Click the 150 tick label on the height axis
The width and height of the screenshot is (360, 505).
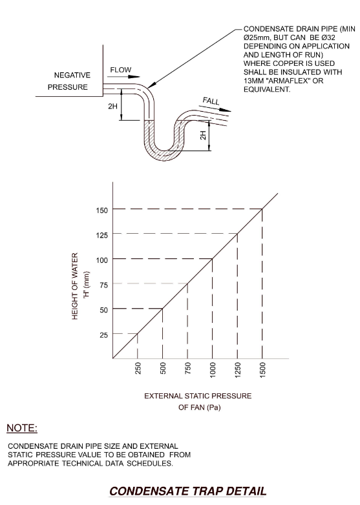[102, 211]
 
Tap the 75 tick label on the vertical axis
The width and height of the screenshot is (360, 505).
[104, 285]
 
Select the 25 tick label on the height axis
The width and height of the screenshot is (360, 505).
[104, 335]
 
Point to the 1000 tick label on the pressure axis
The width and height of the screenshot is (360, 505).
[213, 369]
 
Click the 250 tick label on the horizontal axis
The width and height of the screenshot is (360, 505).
[138, 368]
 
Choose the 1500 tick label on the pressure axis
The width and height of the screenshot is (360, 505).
[262, 369]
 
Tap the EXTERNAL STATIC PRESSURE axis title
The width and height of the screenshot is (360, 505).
[198, 396]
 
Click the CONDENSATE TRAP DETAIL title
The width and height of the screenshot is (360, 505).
[188, 491]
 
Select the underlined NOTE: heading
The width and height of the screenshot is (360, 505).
[22, 428]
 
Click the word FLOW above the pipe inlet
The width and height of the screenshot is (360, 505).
[121, 70]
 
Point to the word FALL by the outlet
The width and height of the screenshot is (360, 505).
[211, 101]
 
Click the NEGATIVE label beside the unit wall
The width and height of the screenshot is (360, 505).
[72, 75]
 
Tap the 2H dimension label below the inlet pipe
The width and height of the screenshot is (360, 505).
[112, 107]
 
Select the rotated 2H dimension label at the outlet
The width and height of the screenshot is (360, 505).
[203, 135]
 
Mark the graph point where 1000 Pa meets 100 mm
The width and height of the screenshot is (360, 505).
[213, 258]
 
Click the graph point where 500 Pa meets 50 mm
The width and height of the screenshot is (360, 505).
[162, 309]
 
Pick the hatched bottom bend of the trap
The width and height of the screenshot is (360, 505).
[164, 155]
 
